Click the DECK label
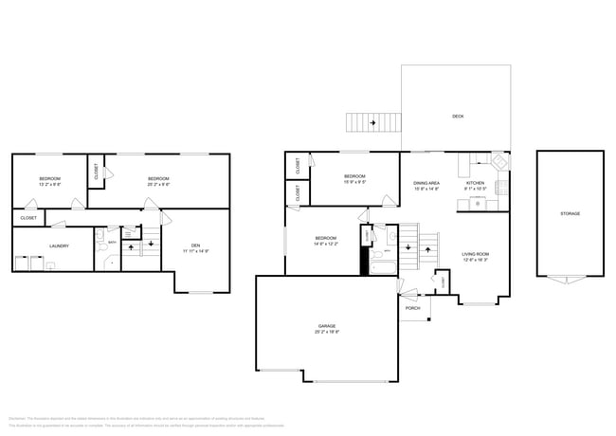click(x=458, y=117)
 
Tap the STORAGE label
click(x=570, y=213)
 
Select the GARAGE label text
click(x=326, y=326)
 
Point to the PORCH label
click(x=412, y=308)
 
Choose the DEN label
click(x=194, y=245)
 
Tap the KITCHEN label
click(x=475, y=183)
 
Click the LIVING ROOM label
click(x=475, y=254)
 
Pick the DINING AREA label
click(x=426, y=183)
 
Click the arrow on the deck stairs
click(x=371, y=122)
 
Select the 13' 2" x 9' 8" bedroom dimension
click(x=49, y=186)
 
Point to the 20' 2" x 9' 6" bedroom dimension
click(x=158, y=186)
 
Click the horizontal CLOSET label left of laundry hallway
click(x=28, y=218)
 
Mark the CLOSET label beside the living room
click(x=444, y=281)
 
